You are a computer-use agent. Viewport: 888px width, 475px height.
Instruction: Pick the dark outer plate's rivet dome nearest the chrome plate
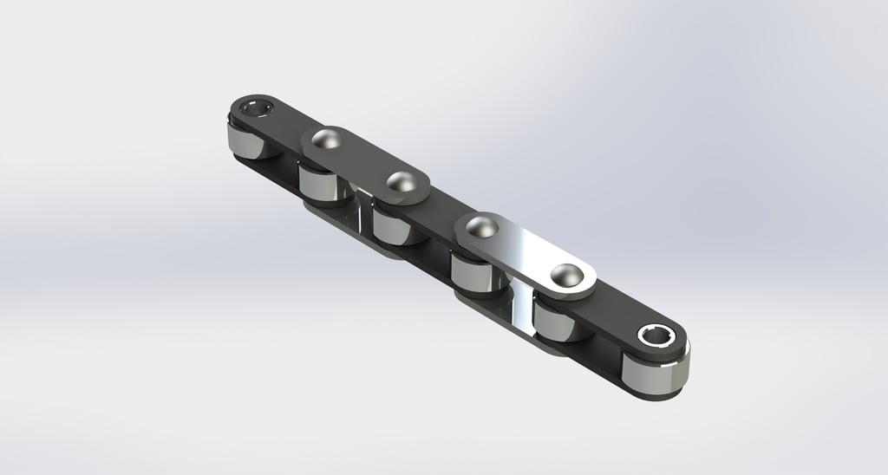401,183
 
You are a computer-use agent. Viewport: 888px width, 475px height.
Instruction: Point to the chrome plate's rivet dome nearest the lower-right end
566,275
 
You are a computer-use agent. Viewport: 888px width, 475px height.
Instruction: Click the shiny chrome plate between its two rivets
523,251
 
